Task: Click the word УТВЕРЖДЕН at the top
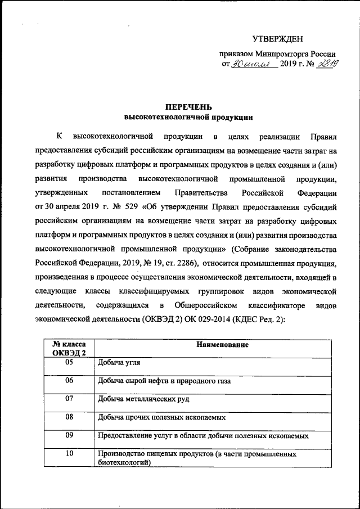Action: click(x=277, y=39)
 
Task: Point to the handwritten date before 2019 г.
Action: click(x=253, y=66)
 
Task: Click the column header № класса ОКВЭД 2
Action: click(x=69, y=348)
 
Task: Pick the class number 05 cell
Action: click(x=69, y=363)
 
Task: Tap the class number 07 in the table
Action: click(x=69, y=399)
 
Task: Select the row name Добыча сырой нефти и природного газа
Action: click(x=164, y=381)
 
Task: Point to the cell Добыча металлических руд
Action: click(x=143, y=399)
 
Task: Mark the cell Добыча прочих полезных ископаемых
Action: click(x=161, y=417)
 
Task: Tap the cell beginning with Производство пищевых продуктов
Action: click(x=197, y=458)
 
